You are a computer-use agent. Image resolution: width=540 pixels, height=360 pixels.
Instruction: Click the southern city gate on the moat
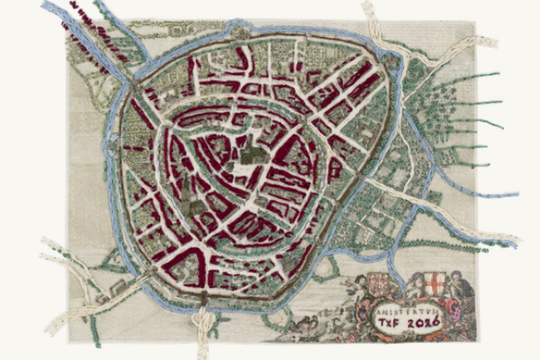(205, 295)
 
